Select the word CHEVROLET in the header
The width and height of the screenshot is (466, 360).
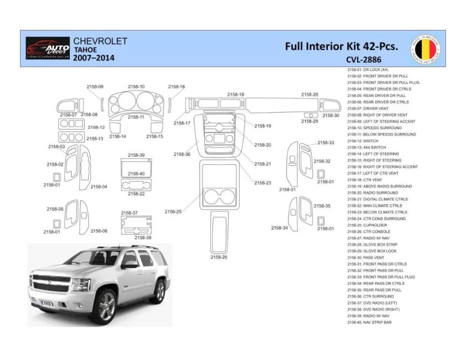click(x=100, y=41)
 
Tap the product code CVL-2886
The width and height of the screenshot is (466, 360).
click(x=360, y=58)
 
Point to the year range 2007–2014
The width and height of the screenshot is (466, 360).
click(x=94, y=58)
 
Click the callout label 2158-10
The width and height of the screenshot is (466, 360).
click(x=136, y=87)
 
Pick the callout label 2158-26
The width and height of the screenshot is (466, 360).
click(x=219, y=257)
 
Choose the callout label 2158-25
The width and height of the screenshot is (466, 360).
click(x=173, y=211)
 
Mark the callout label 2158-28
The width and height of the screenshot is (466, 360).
click(x=310, y=94)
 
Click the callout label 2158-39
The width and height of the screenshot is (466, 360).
click(x=136, y=155)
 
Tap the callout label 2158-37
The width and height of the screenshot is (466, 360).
click(x=129, y=213)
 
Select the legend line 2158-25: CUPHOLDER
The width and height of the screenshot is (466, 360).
click(x=375, y=225)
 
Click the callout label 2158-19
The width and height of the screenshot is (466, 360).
click(x=262, y=126)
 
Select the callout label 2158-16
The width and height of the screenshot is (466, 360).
click(x=176, y=87)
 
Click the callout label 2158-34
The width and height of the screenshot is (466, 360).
click(x=279, y=227)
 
